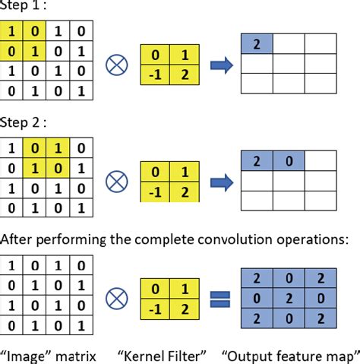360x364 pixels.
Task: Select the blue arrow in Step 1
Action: [219, 65]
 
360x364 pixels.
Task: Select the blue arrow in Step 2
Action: [219, 181]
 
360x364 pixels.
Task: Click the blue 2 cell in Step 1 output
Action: [257, 45]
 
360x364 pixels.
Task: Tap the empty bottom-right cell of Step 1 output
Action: [321, 85]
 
